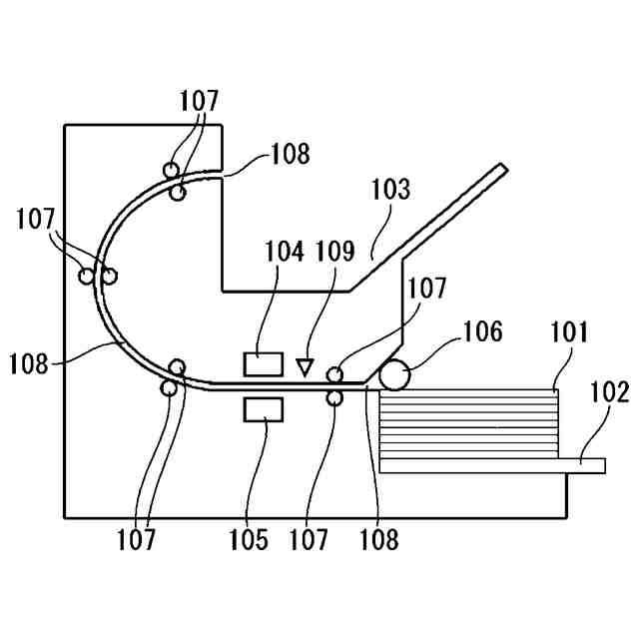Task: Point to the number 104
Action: tap(285, 252)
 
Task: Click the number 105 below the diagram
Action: tap(248, 540)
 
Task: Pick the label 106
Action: tap(484, 332)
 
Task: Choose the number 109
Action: tap(335, 252)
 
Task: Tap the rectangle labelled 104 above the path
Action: tap(264, 363)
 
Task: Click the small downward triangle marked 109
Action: tap(305, 365)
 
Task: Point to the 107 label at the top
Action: tap(199, 101)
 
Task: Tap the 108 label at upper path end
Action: tap(289, 155)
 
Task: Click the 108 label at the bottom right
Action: tap(378, 540)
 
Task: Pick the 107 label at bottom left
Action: tap(136, 540)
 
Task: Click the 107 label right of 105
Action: tap(309, 540)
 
